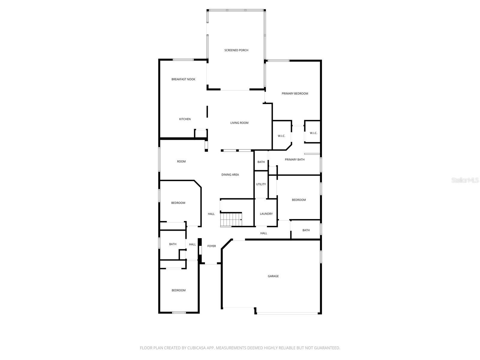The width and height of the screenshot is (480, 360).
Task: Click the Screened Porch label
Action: [x=236, y=50]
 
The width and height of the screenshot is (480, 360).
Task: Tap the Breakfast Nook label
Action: [x=183, y=79]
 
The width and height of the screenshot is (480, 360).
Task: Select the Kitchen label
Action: [x=185, y=119]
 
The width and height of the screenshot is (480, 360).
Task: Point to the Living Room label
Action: [x=239, y=123]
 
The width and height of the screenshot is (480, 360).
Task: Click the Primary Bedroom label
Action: [x=295, y=94]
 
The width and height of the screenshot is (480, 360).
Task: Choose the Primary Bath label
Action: [x=295, y=160]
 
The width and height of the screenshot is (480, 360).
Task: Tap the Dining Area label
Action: [x=230, y=175]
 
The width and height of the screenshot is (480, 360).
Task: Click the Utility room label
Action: [x=261, y=184]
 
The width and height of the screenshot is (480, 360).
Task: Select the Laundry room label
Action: [x=266, y=214]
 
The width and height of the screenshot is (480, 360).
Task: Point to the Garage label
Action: [x=273, y=276]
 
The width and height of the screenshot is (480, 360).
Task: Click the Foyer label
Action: [x=211, y=246]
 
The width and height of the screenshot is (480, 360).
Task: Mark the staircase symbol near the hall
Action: [x=231, y=220]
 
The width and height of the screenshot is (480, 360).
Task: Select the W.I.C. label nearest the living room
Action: [x=281, y=136]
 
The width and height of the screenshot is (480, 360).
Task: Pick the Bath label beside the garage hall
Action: [x=306, y=230]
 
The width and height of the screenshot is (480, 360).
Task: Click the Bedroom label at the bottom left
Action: [x=178, y=290]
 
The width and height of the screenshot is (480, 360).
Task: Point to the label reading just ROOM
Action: [x=181, y=162]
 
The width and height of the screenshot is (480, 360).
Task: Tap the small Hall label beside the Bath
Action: [x=192, y=244]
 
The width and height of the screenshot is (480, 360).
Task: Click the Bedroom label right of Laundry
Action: [x=299, y=200]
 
